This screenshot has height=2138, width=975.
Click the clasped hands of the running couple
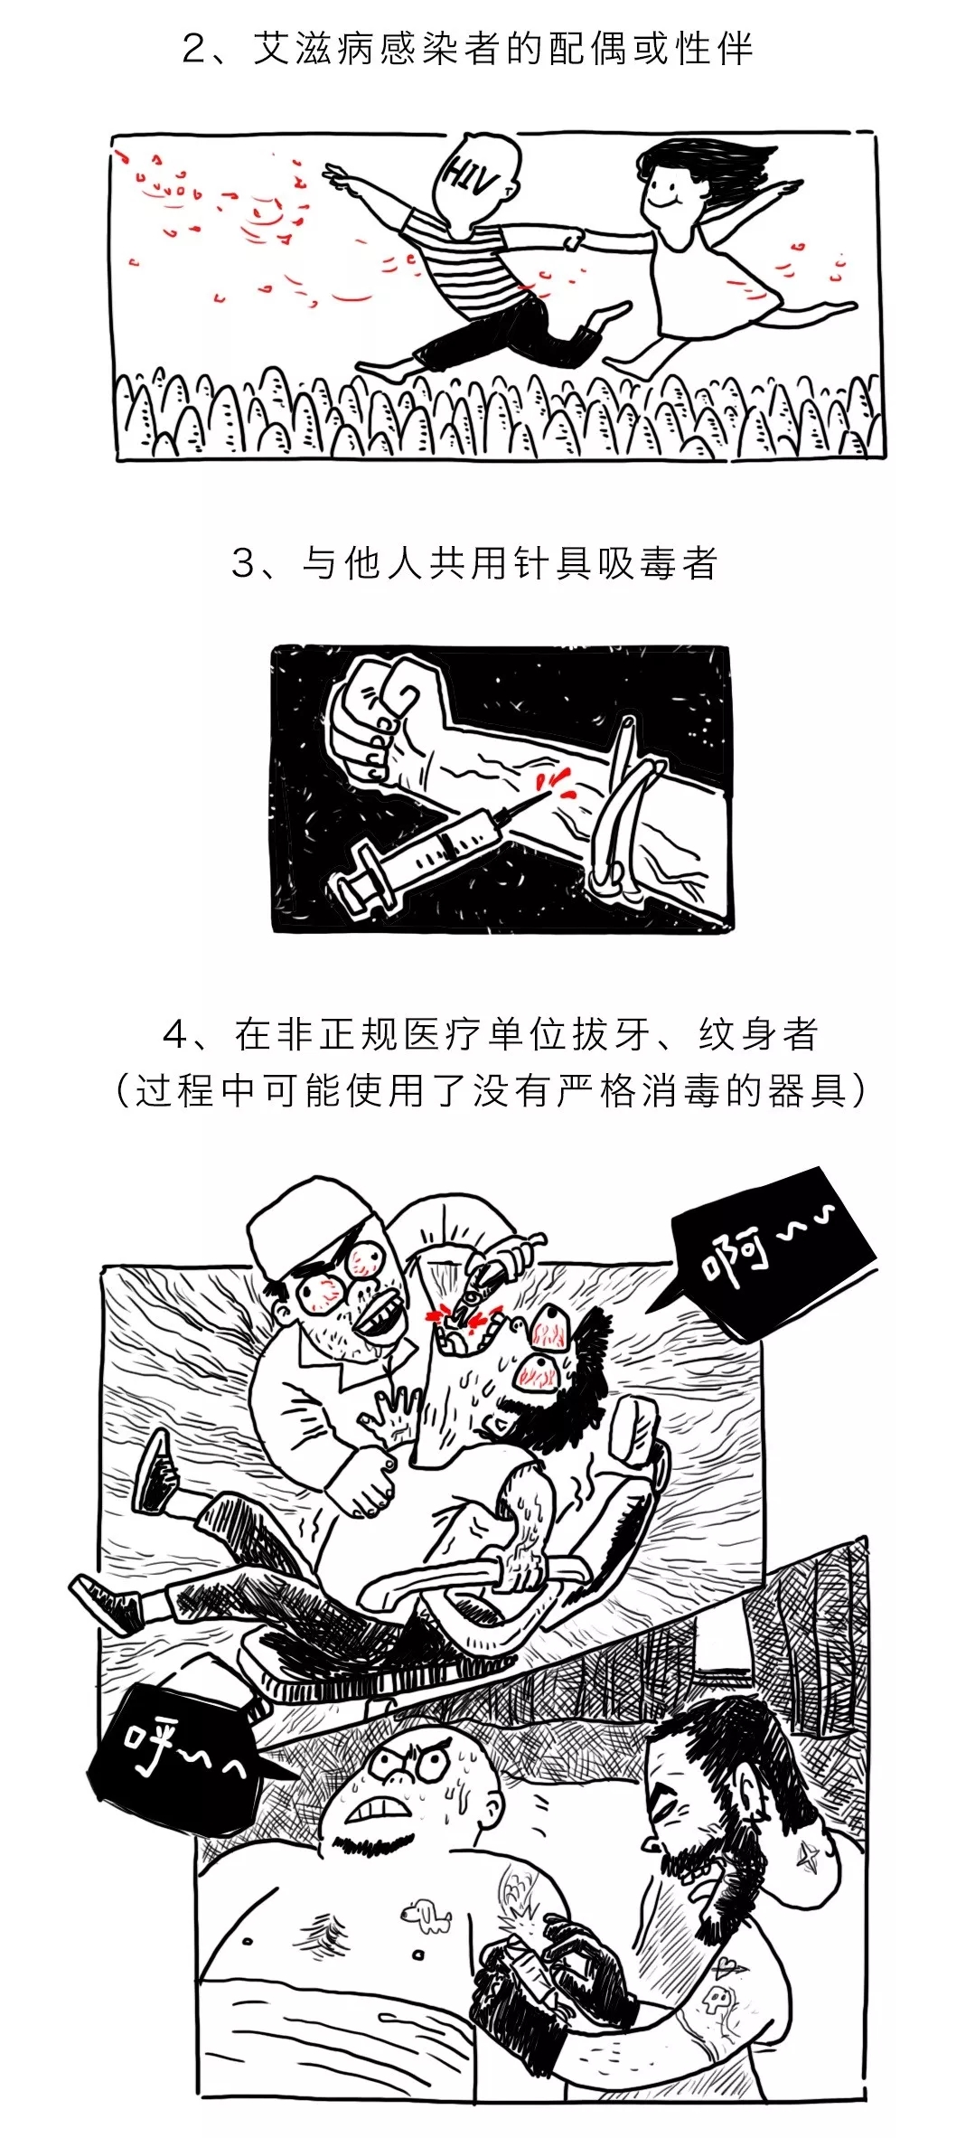(574, 240)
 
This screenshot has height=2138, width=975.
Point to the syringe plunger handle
(358, 877)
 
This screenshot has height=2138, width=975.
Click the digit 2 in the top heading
(194, 49)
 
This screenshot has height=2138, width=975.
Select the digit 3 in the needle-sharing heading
(245, 563)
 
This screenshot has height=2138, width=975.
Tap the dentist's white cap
(295, 1221)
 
